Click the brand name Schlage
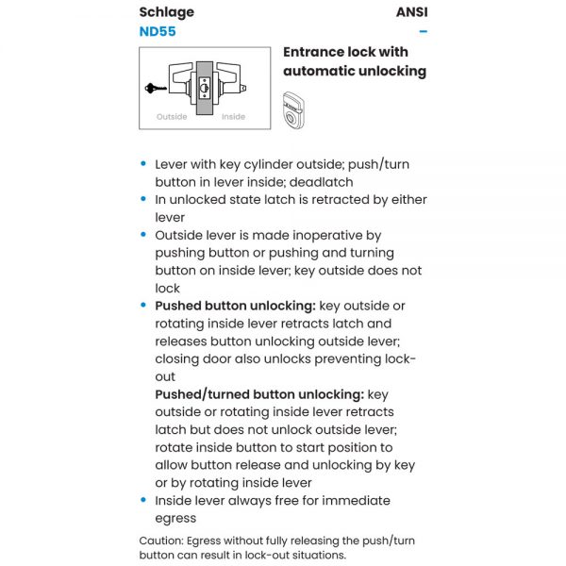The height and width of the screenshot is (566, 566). click(x=167, y=12)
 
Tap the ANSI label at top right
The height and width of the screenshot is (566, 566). click(x=411, y=12)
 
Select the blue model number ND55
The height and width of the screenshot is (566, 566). click(x=158, y=31)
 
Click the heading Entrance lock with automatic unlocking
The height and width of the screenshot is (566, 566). click(x=355, y=61)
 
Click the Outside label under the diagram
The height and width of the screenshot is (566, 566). click(x=172, y=117)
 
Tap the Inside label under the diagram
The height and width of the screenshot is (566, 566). click(x=233, y=117)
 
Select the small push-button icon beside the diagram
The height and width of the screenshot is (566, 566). click(x=295, y=108)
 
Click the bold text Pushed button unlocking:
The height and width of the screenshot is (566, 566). click(x=235, y=306)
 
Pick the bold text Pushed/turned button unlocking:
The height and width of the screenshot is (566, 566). click(x=259, y=394)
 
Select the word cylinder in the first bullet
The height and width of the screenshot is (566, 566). click(x=276, y=164)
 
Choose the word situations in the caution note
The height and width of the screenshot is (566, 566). click(x=316, y=555)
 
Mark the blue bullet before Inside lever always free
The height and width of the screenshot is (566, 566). click(x=143, y=500)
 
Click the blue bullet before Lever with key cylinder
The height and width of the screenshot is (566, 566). click(x=143, y=164)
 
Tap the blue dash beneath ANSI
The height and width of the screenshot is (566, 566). click(x=424, y=31)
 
